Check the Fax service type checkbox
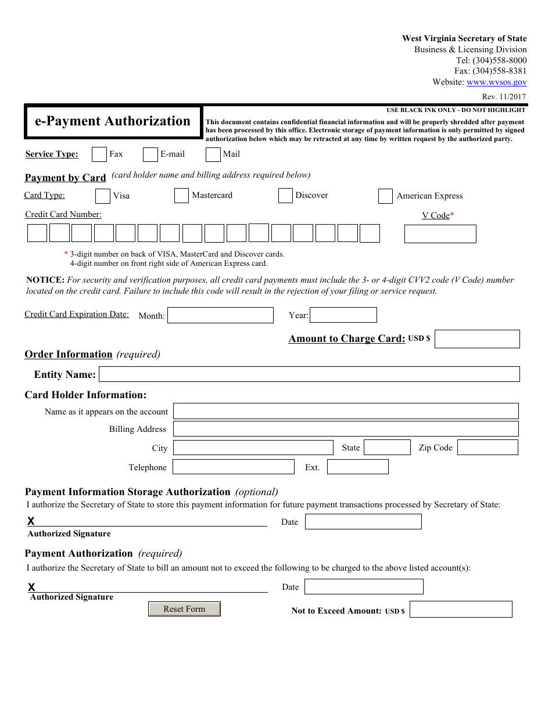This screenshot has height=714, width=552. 99,154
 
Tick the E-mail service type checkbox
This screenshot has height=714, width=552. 150,154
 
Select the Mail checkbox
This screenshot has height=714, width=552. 213,154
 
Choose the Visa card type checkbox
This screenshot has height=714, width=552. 103,196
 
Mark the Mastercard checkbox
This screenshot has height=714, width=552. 181,196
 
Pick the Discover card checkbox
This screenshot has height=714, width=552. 285,196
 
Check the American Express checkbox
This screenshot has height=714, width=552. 385,196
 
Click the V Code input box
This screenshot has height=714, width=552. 440,234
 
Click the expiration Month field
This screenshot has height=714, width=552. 220,315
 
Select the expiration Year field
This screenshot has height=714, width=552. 343,315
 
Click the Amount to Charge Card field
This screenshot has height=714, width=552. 477,339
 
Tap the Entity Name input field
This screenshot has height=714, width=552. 309,374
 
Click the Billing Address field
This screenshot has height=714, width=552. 346,429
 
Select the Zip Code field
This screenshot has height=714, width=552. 488,448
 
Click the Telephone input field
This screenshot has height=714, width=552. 234,467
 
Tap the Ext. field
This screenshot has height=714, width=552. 357,467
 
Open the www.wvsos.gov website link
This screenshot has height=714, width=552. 496,82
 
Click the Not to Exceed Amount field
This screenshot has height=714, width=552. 461,610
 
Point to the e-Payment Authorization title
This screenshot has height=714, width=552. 113,121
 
